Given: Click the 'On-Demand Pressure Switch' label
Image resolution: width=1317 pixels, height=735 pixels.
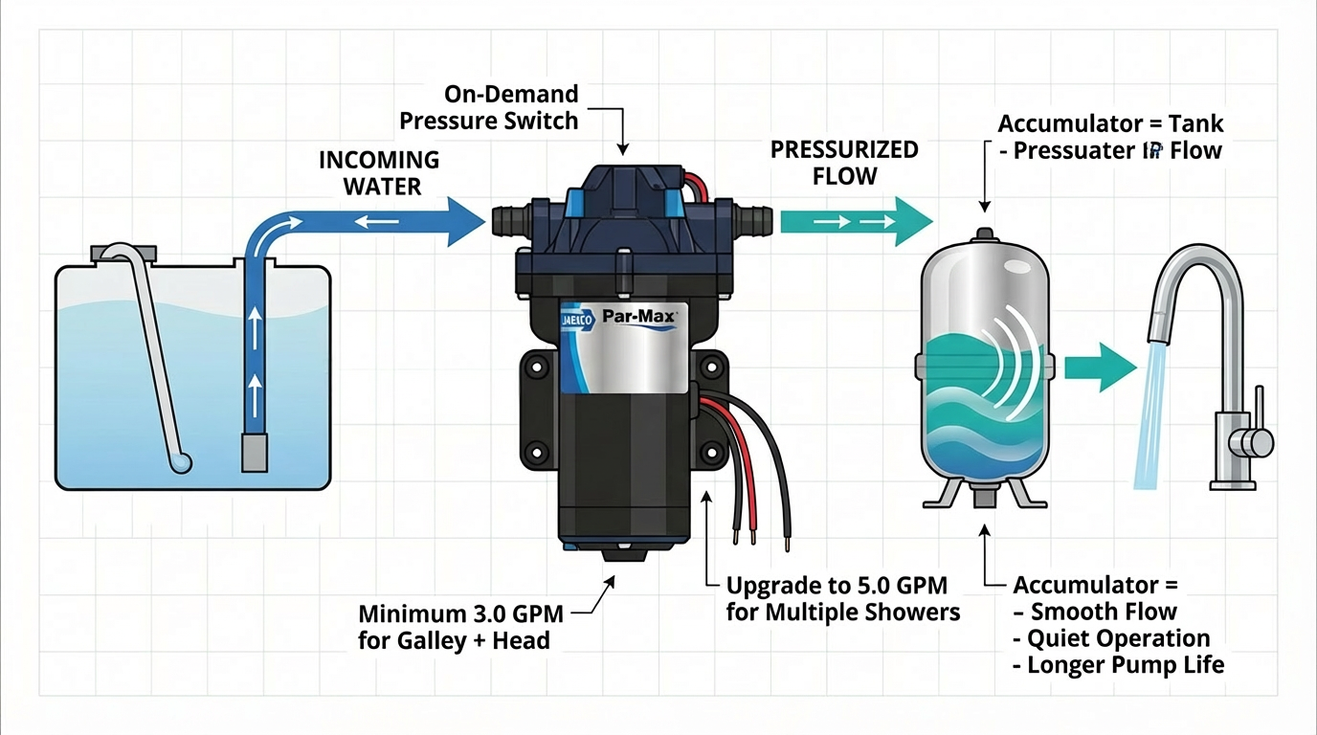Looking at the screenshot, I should [x=489, y=107].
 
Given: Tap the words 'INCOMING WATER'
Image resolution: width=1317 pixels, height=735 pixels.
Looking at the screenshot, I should [x=380, y=172].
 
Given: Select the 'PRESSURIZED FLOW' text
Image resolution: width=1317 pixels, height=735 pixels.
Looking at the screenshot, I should [x=844, y=163].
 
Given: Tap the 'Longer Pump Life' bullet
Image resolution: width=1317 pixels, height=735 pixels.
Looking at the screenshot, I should [x=1125, y=664].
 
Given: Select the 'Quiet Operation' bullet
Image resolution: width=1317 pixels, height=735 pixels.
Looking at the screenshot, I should [x=1118, y=638].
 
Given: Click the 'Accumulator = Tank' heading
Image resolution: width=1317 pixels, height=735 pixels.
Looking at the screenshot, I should [x=1110, y=123].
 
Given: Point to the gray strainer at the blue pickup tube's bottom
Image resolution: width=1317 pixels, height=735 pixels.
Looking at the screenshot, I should [x=255, y=451].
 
